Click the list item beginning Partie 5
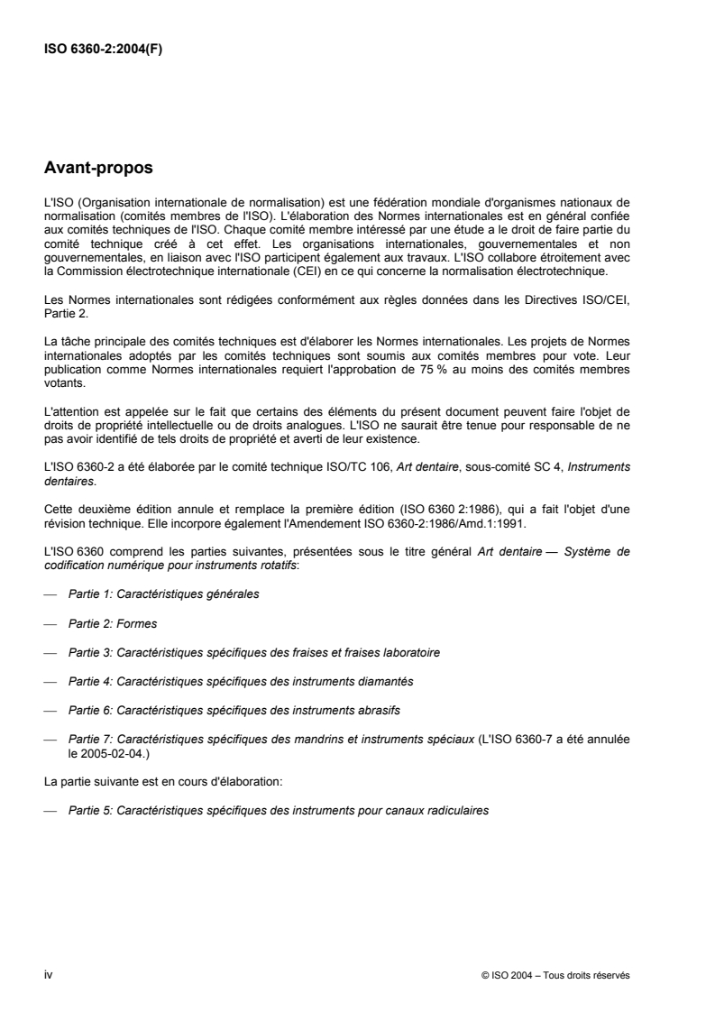point(279,811)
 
